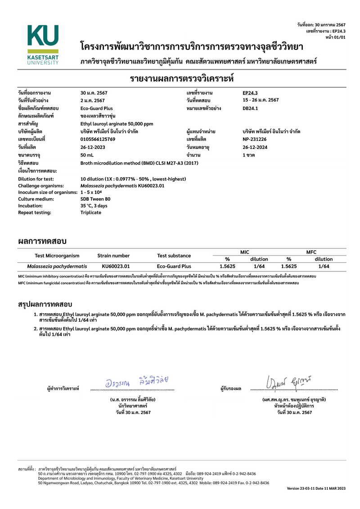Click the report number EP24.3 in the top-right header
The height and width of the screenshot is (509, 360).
338,31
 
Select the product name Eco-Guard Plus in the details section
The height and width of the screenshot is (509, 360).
96,108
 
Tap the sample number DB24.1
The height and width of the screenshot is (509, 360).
250,108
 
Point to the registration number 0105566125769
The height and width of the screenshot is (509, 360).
98,139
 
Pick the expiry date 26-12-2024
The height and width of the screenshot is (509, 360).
255,147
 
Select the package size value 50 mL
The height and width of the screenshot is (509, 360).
87,155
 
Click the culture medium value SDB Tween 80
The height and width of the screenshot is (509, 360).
95,198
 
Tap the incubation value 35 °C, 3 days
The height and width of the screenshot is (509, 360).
94,205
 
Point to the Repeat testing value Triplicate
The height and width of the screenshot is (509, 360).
91,212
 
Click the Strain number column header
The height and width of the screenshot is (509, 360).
113,256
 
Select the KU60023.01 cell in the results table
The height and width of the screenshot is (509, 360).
116,266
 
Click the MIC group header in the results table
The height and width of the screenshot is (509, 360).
245,252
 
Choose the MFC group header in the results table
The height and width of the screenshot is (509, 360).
311,252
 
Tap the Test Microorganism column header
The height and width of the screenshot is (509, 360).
57,256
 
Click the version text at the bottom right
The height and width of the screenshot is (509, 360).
316,488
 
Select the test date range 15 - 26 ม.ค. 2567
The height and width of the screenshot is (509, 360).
261,100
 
